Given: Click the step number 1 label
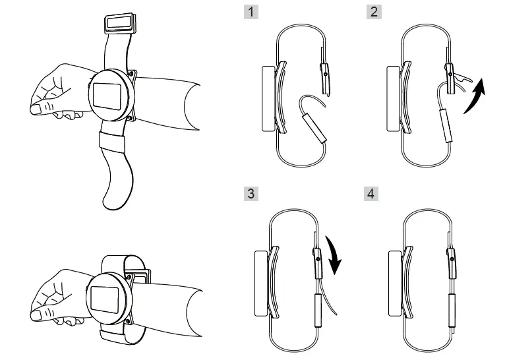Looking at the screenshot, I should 248,13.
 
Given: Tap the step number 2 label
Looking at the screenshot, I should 374,13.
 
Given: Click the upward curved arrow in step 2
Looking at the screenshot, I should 476,96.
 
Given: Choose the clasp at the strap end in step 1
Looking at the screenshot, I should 324,76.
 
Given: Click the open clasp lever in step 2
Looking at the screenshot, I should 461,82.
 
